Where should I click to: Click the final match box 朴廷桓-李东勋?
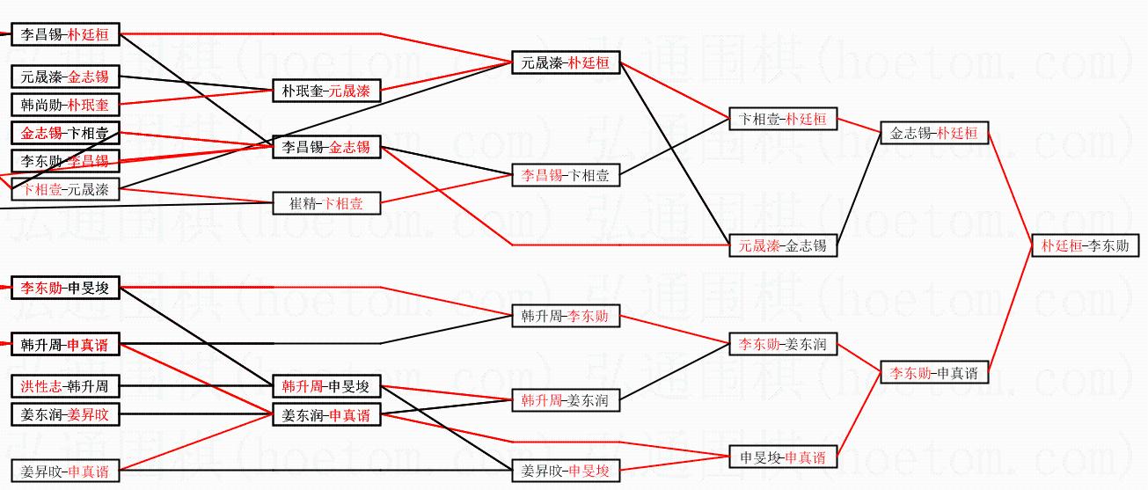click(x=1085, y=245)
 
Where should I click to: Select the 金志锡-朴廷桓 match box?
click(x=933, y=134)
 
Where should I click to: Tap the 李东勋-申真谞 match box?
click(x=933, y=373)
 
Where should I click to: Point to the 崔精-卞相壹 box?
click(x=326, y=203)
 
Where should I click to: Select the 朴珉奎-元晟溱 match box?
click(x=326, y=91)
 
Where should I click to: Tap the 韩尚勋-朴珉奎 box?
click(x=65, y=105)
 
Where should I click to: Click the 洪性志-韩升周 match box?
click(x=65, y=385)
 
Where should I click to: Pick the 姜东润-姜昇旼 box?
click(x=65, y=413)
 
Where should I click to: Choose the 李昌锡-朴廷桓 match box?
click(x=65, y=35)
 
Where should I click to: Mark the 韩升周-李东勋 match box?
click(x=565, y=316)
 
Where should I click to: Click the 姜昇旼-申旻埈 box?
click(x=565, y=472)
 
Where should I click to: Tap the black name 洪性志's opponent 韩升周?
click(x=88, y=385)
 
